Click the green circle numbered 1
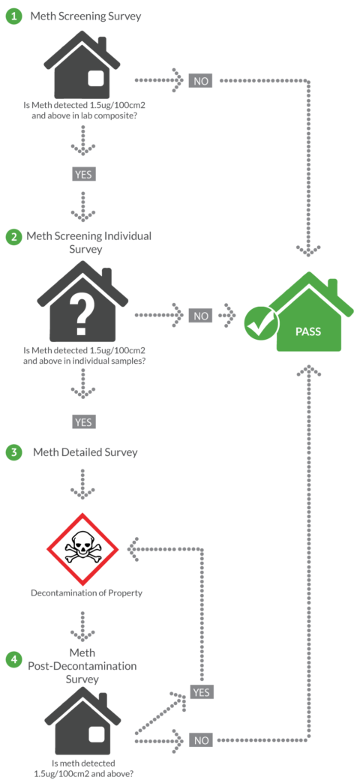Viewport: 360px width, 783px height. click(13, 16)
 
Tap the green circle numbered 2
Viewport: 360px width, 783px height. click(13, 237)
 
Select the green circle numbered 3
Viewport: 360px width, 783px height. click(13, 452)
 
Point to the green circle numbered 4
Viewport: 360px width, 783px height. click(13, 659)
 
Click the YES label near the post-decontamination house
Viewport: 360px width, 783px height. click(201, 691)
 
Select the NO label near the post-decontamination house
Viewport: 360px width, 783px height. click(201, 740)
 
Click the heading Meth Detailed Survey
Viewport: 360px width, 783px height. click(85, 452)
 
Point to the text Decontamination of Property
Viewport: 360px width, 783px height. click(86, 592)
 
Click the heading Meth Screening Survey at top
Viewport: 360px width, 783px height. click(85, 16)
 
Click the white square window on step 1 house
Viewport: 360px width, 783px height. click(96, 79)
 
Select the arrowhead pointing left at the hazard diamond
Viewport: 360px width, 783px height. click(133, 550)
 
